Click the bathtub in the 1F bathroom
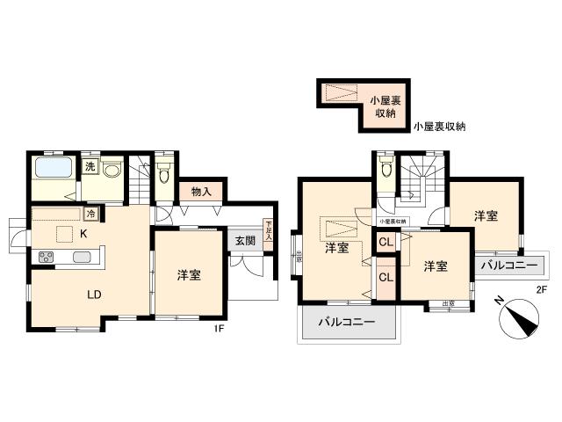[53, 169]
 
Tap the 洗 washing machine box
[90, 165]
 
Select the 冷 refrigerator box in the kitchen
[90, 214]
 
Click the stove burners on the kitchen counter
[46, 258]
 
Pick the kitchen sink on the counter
[82, 258]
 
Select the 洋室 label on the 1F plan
[189, 275]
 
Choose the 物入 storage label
[201, 191]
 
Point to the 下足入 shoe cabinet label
[269, 230]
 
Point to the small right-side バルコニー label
[508, 264]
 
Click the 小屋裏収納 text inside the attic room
[381, 105]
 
